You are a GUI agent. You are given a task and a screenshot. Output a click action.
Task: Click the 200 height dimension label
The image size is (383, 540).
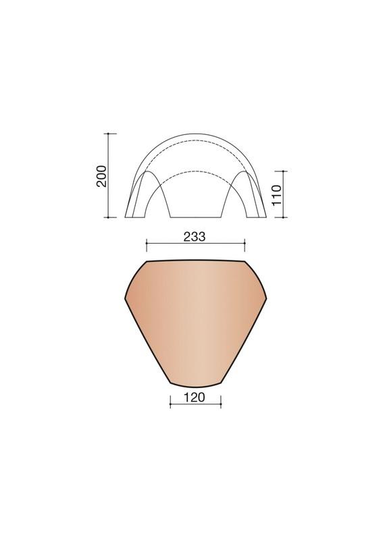102,176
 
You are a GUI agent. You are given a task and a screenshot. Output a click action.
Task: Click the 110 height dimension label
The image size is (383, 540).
277,195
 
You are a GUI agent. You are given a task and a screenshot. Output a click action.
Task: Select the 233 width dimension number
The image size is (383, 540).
195,237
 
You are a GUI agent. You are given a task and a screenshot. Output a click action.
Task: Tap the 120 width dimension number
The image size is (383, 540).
195,398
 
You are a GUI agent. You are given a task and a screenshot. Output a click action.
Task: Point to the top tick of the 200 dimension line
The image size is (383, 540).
108,133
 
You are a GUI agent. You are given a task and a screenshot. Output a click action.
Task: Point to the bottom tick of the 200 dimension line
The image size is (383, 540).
108,217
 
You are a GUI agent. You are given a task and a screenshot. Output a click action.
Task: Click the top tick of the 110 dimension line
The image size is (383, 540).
284,171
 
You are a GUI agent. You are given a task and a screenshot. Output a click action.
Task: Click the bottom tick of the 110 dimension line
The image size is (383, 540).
284,217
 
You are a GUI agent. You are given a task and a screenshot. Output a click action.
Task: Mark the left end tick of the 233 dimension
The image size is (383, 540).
147,243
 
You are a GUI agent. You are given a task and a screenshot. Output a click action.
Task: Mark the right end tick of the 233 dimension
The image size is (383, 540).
245,243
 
